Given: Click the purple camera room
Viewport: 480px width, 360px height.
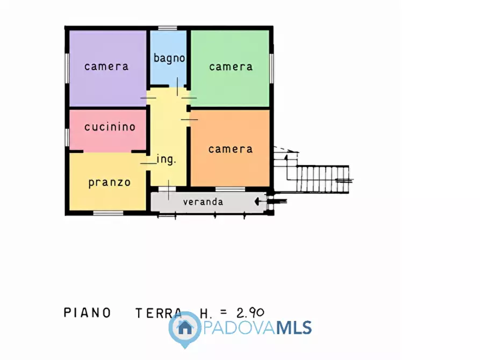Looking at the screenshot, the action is (108, 69).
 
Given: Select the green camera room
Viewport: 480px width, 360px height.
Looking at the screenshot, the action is (230, 69).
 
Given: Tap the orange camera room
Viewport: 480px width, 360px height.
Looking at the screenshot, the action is (230, 148).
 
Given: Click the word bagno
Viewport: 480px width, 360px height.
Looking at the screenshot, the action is (169, 58).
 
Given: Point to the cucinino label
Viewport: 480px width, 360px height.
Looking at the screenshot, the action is (110, 127).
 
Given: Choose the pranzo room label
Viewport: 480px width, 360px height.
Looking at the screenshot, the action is (110, 183).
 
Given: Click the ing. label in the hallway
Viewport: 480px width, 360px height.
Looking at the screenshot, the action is (166, 159).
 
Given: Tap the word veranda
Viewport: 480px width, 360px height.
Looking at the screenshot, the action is (203, 201).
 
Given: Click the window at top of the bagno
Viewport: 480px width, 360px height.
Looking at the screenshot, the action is (168, 28).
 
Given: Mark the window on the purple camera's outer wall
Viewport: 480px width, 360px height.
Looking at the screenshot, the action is (67, 68).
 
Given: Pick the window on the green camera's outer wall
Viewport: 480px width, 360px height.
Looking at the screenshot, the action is (271, 68).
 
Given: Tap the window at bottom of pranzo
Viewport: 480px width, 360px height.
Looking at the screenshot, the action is (108, 213).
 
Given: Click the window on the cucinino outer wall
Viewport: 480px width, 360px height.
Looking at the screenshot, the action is (67, 137).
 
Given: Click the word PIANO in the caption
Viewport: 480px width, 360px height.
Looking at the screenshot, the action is (87, 313).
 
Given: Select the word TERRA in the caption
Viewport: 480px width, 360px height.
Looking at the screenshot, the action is (159, 313).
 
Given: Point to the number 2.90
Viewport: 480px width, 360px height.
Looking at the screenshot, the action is (250, 313).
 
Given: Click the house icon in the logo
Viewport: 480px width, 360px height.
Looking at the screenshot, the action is (185, 328).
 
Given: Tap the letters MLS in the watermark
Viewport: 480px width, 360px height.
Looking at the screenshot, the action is (294, 328).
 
